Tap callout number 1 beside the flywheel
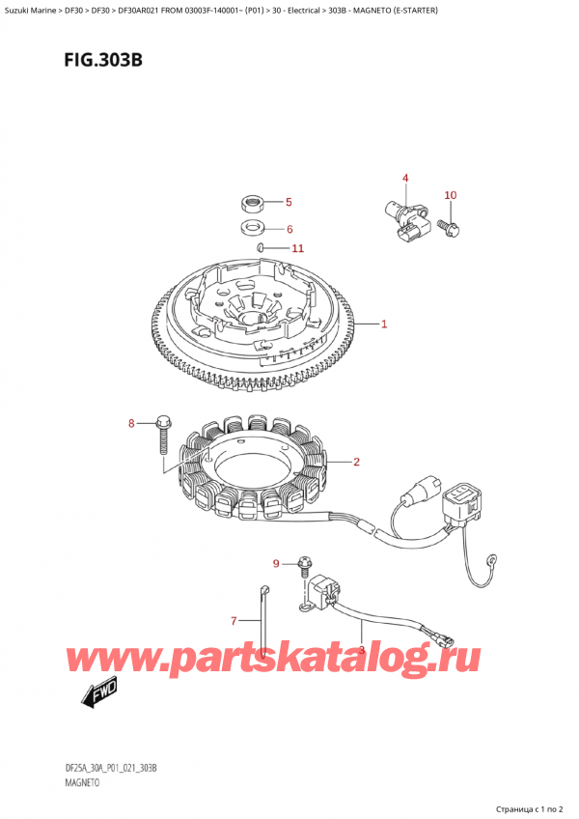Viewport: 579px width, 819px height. coord(384,324)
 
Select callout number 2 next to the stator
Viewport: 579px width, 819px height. coord(356,462)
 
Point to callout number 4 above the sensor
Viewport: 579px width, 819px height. coord(405,178)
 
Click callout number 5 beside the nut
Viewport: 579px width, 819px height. coord(288,203)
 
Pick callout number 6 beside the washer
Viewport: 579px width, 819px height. coord(288,229)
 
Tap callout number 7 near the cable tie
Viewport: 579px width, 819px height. coord(233,620)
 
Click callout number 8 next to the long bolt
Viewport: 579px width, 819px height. coord(133,423)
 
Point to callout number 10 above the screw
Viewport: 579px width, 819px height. coord(450,196)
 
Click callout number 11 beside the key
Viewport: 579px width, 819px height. coord(297,248)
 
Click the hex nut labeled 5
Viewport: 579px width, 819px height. coord(253,204)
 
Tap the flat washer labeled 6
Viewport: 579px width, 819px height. coord(253,230)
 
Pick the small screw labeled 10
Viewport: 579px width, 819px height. coord(450,228)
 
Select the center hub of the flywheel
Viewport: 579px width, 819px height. coord(255,314)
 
